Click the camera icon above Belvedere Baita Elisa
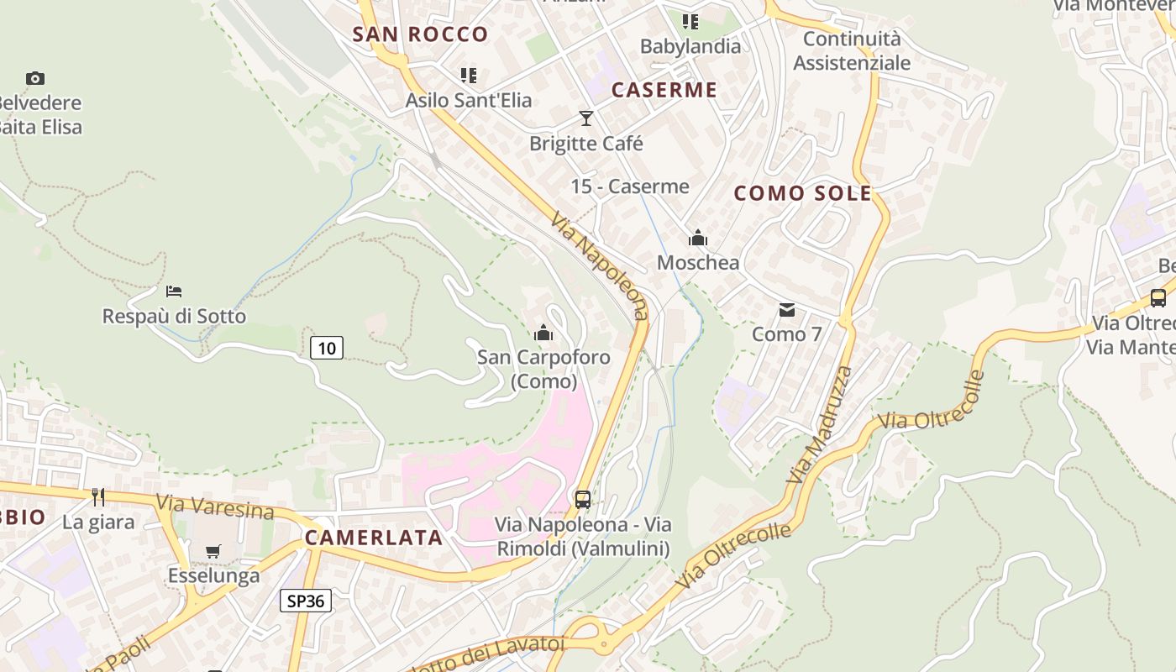pos(35,78)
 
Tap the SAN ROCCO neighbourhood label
pos(420,34)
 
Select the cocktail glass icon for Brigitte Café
pos(586,118)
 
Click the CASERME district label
pos(664,90)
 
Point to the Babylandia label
pos(690,46)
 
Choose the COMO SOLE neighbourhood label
pos(803,193)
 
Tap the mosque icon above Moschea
pos(698,239)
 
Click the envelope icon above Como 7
pos(787,310)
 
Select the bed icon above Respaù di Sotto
pos(174,291)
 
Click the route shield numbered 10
pos(327,347)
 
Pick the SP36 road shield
pos(306,601)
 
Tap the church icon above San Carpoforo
pos(543,333)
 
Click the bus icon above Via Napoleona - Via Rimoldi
pos(583,500)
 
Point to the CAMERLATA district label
pos(374,538)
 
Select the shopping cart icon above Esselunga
pos(213,552)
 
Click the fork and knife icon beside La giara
pos(98,497)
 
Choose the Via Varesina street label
pos(215,507)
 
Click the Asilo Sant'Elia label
pos(469,100)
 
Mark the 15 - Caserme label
pos(630,186)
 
